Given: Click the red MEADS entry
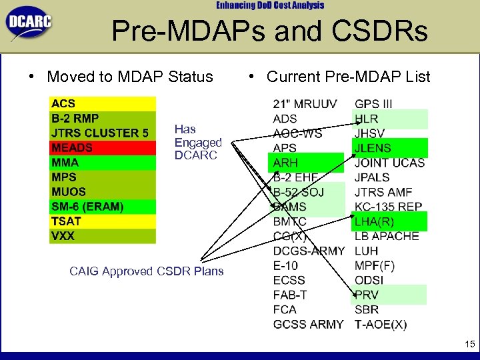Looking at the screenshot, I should click(72, 147).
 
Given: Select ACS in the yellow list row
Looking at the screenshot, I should click(64, 103).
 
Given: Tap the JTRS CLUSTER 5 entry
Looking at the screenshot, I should click(100, 133).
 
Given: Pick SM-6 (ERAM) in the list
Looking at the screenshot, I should click(87, 207).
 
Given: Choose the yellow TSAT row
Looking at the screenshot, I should click(67, 221).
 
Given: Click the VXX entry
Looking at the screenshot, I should click(63, 236).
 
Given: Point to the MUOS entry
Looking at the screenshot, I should click(69, 192).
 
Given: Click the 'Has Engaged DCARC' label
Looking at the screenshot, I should click(197, 142).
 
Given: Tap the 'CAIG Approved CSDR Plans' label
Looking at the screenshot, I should click(147, 271).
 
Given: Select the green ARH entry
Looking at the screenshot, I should click(286, 163).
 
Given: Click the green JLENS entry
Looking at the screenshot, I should click(373, 148).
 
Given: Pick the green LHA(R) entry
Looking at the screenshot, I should click(375, 221).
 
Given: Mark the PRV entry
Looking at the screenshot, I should click(367, 295).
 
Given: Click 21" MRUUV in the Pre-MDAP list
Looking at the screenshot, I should click(305, 104).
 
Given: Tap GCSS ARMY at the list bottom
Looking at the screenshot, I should click(308, 324).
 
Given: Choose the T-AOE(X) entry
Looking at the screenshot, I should click(381, 324).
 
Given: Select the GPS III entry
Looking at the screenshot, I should click(373, 104).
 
